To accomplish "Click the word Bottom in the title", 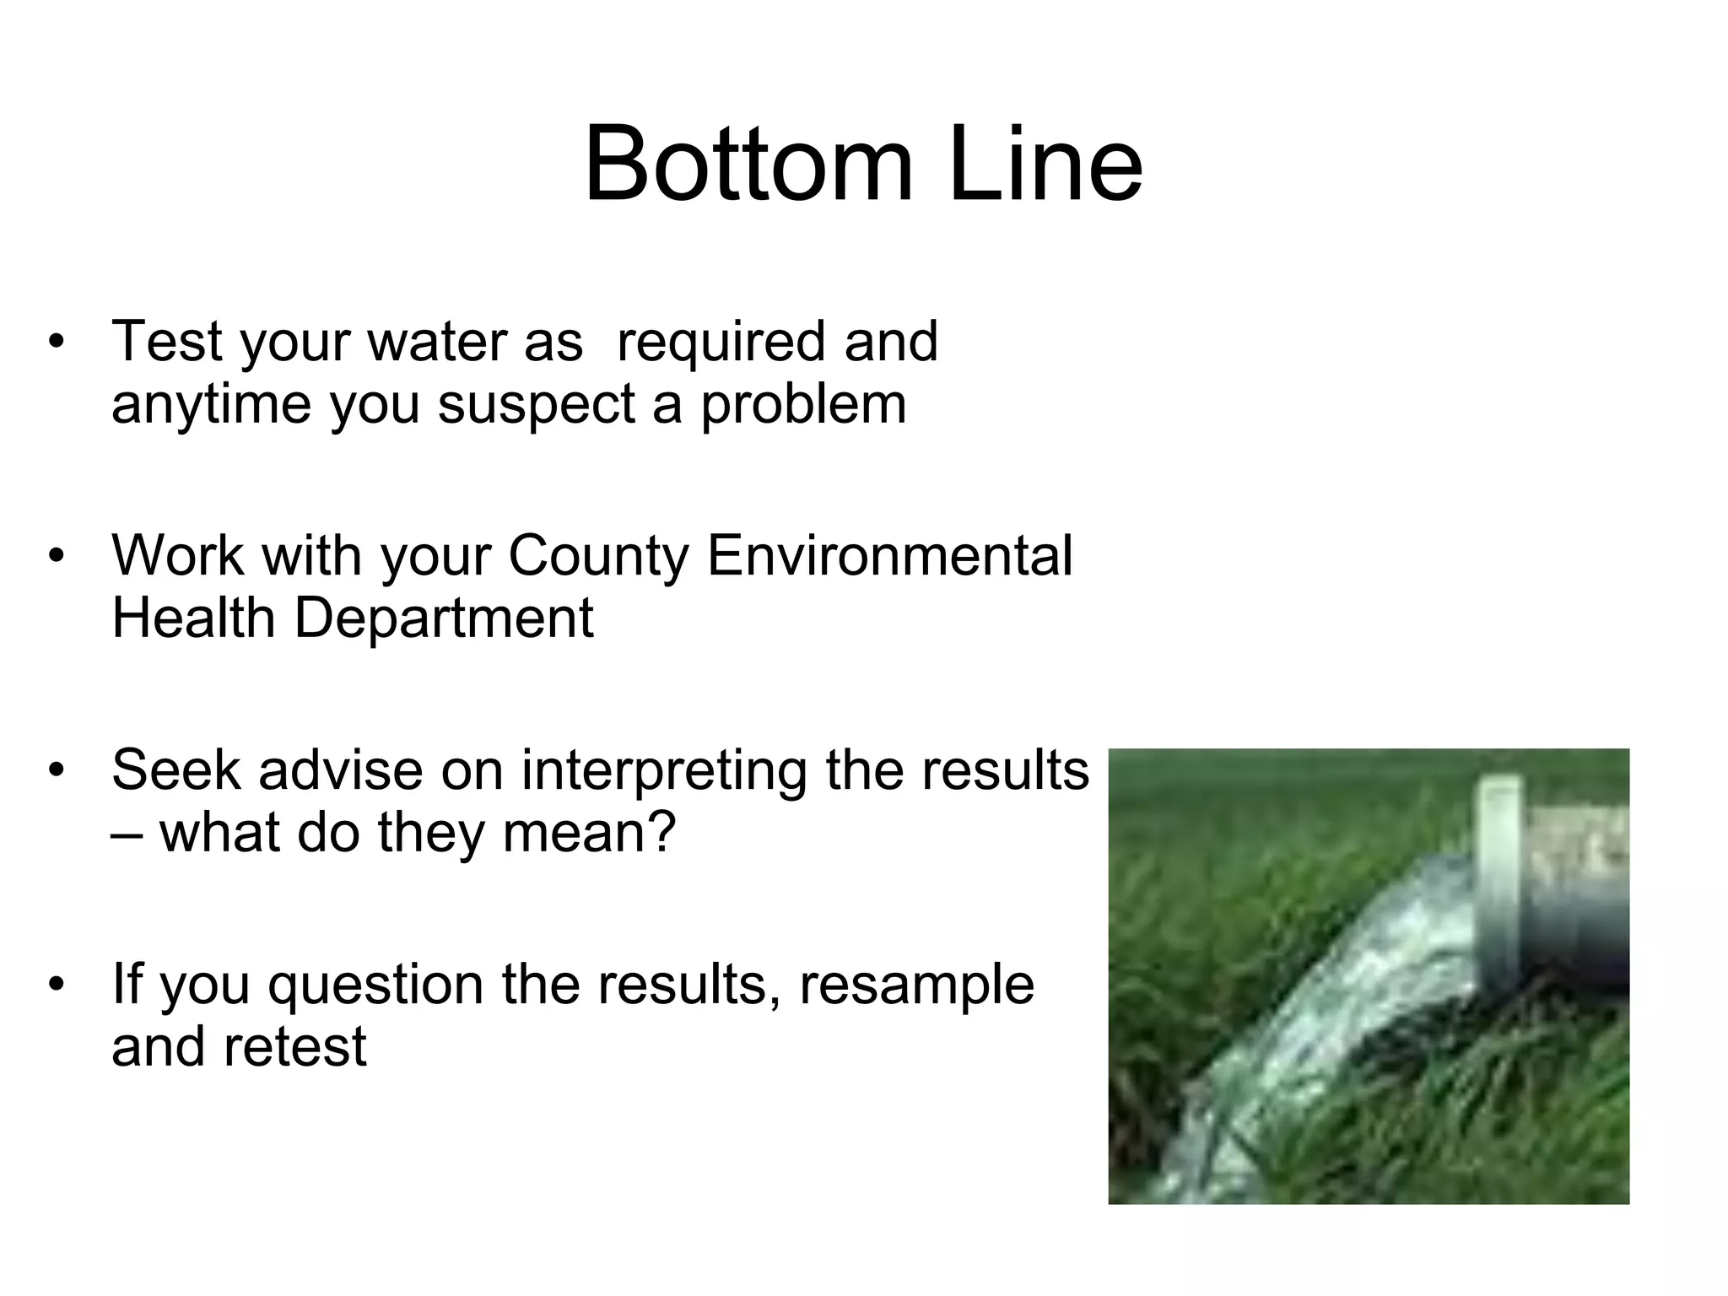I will point(748,164).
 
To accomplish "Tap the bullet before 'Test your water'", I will point(57,343).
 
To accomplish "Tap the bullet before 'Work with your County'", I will point(57,557).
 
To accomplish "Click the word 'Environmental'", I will point(889,557).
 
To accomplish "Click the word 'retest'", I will point(294,1048).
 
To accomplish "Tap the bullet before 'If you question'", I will point(57,985).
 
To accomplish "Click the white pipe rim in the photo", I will point(1500,877).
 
